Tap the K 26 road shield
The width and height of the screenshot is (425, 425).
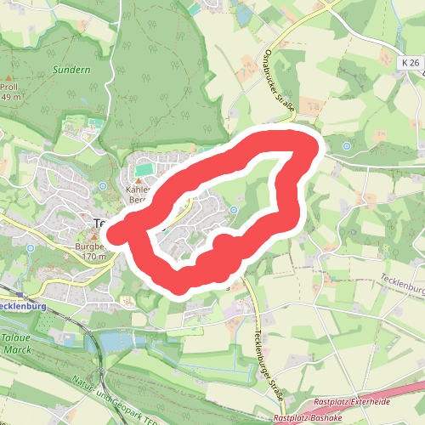pyautogui.click(x=408, y=63)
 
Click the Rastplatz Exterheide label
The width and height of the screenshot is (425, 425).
pyautogui.click(x=350, y=400)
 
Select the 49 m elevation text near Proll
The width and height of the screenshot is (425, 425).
pyautogui.click(x=10, y=97)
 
